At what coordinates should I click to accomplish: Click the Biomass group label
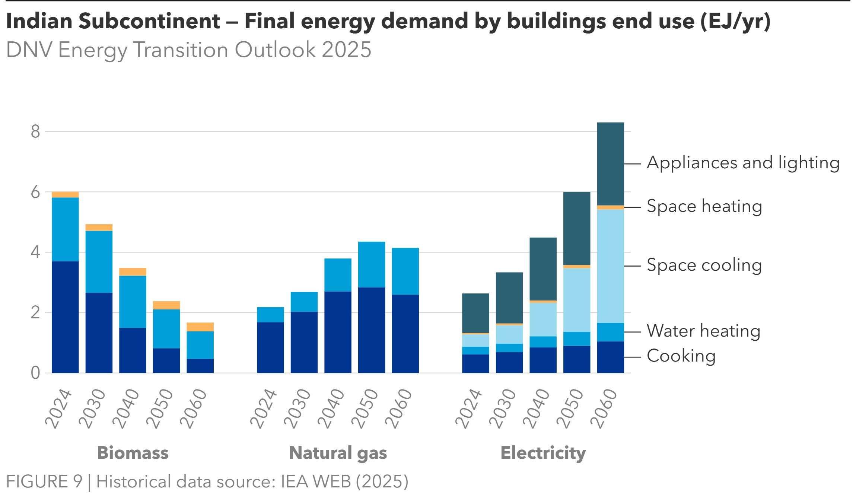[133, 453]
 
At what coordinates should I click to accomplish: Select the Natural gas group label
[338, 453]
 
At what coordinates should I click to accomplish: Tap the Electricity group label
[543, 453]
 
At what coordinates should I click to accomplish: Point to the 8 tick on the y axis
[35, 131]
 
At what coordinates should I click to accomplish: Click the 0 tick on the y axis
[35, 373]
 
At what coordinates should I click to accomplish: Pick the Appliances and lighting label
[743, 163]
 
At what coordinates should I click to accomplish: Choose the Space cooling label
[704, 265]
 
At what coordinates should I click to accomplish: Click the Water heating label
[703, 331]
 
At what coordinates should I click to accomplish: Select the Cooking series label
[681, 356]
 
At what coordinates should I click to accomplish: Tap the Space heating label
[704, 206]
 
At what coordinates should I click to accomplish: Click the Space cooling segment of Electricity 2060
[610, 266]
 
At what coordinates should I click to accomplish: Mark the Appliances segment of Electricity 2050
[576, 228]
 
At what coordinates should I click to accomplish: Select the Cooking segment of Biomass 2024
[65, 317]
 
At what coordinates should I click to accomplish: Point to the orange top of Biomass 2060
[200, 327]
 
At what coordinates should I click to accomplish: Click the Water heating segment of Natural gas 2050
[371, 264]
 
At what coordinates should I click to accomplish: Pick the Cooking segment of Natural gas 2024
[270, 347]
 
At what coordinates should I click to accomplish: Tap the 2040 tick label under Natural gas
[331, 408]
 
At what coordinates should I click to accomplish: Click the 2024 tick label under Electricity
[469, 408]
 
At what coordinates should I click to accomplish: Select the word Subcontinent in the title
[149, 21]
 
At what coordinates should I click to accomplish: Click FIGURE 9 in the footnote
[44, 481]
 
